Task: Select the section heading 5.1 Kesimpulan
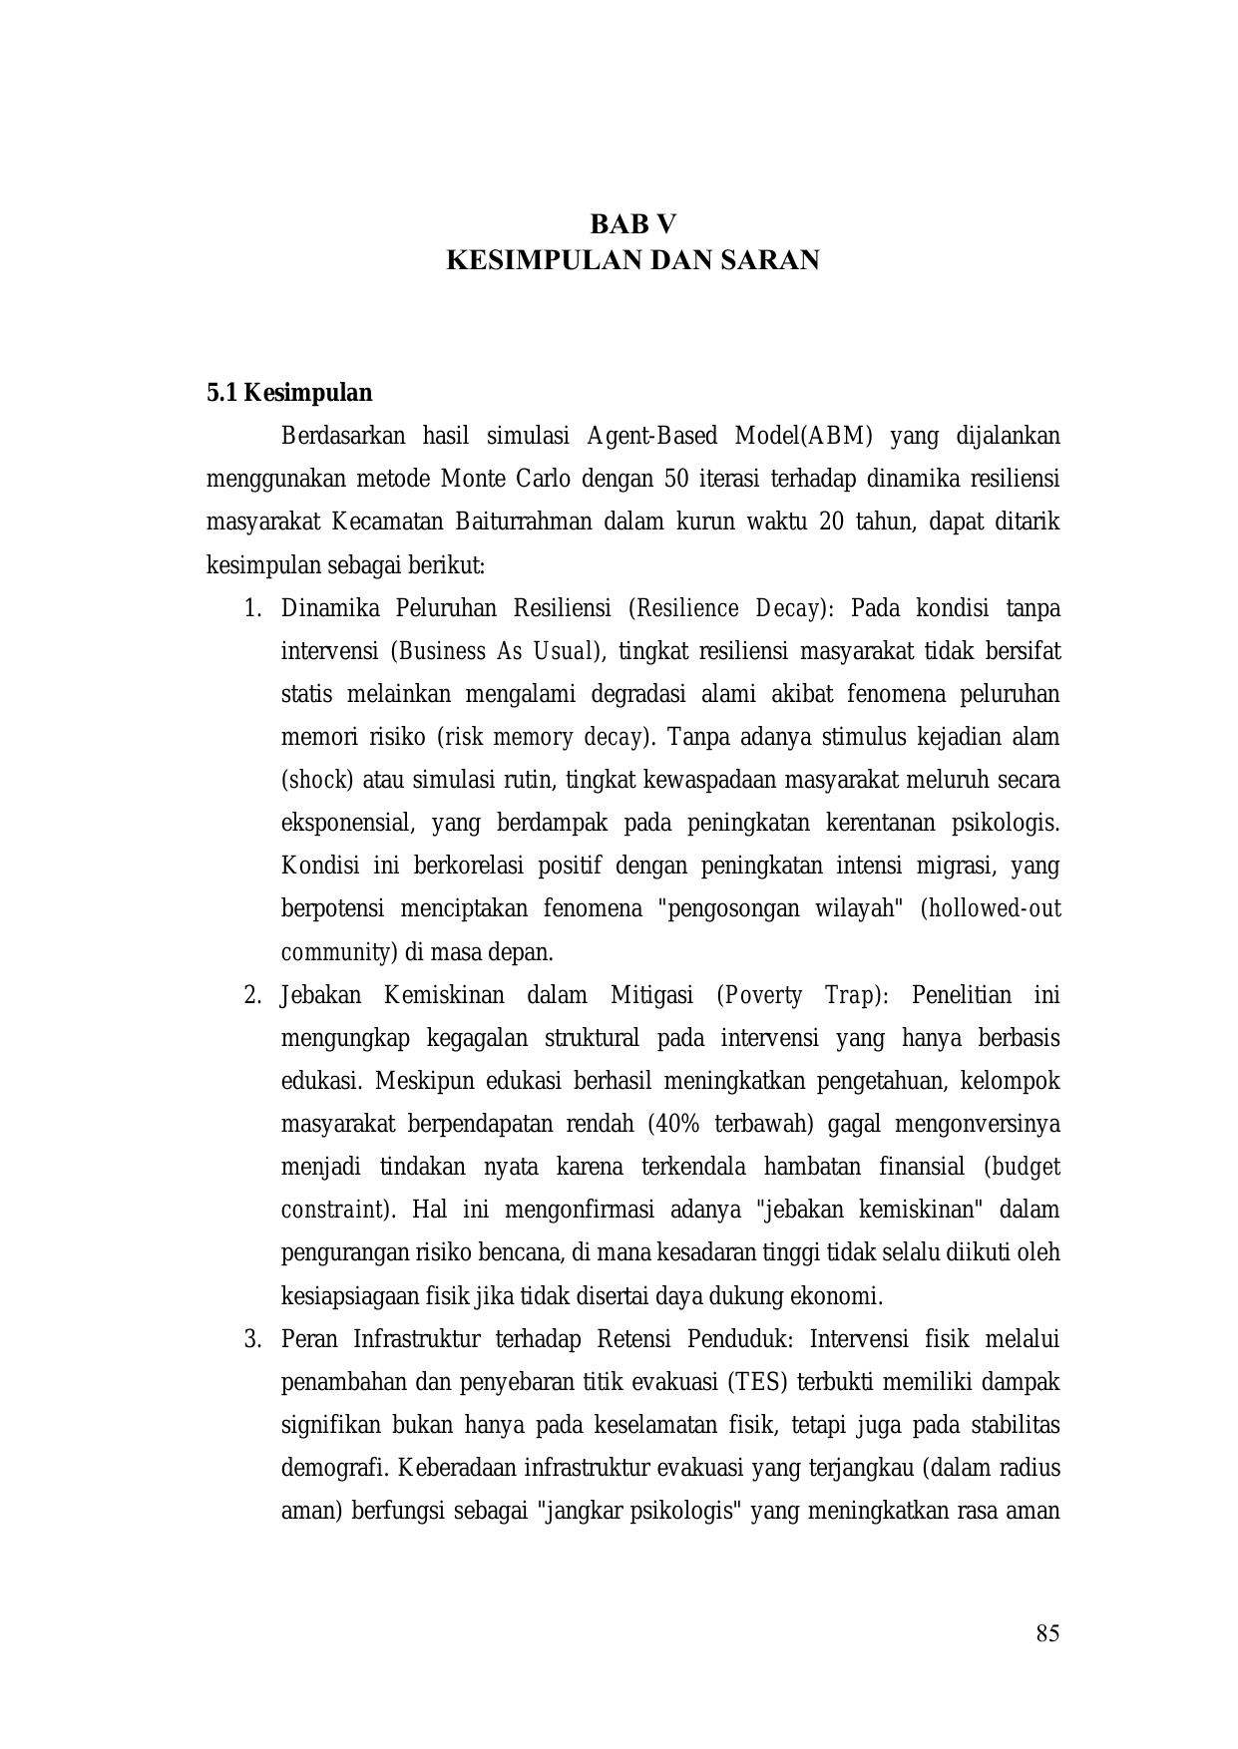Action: click(x=289, y=393)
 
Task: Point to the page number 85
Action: click(x=1047, y=1633)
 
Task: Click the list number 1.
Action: click(x=252, y=608)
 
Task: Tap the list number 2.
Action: click(x=252, y=995)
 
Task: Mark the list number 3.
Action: click(x=252, y=1338)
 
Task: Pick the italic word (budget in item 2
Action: click(x=1022, y=1167)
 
